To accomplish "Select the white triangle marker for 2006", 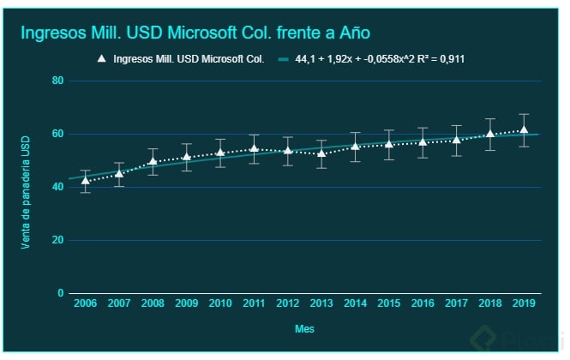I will tap(85, 181).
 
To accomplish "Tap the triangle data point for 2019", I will tap(524, 130).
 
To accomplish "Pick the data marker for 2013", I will tap(321, 153).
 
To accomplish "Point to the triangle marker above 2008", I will tap(153, 161).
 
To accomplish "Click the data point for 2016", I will tap(423, 142).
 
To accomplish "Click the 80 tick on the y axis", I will tap(58, 81).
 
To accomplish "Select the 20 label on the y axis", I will tap(58, 240).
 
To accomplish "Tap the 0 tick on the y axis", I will tap(61, 293).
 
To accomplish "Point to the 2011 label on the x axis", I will tap(254, 305).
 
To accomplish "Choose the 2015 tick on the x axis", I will tap(389, 305).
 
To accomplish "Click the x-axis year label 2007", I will tap(119, 305).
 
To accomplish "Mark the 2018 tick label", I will tap(490, 305).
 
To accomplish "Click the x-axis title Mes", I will tap(304, 328).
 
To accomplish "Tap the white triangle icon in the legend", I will tap(102, 59).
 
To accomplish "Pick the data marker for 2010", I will tap(220, 153).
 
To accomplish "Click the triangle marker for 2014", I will tap(355, 147).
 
